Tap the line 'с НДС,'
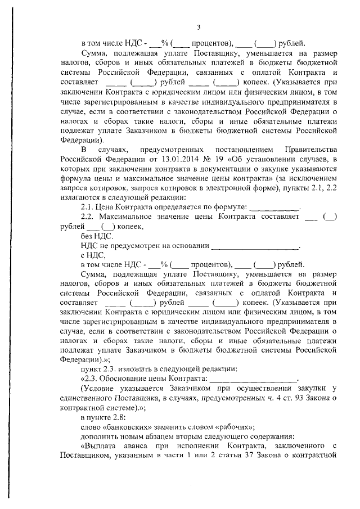(92, 255)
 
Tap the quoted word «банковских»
(127, 427)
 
